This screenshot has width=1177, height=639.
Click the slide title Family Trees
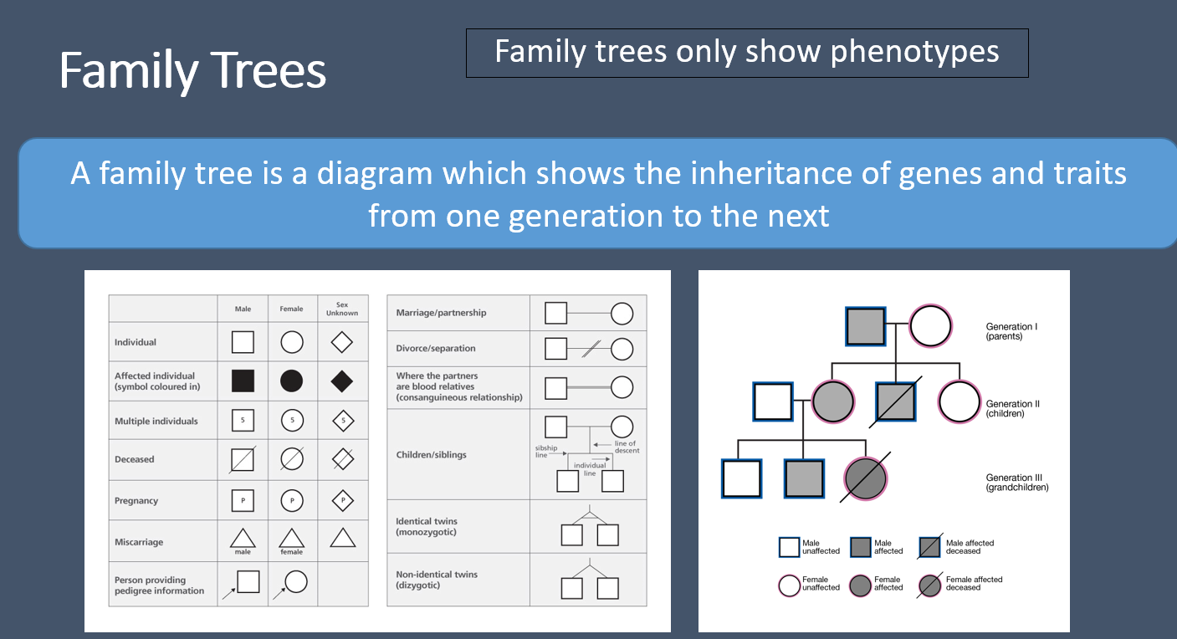(192, 71)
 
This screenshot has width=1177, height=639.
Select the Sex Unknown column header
(341, 309)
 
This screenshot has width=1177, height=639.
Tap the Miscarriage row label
(139, 542)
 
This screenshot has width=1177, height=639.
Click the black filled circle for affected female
(291, 381)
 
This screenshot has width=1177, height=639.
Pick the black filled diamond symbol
(342, 381)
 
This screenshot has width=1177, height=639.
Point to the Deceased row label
(135, 459)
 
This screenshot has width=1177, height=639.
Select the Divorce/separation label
(436, 348)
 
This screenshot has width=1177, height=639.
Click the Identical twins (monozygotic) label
(427, 527)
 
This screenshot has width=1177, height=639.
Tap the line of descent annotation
(626, 447)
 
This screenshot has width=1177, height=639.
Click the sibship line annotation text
(546, 452)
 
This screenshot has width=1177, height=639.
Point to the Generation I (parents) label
(1011, 331)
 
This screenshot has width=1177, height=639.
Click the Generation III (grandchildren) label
(1016, 482)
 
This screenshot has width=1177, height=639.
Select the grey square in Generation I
(865, 326)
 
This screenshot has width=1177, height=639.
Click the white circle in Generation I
(930, 326)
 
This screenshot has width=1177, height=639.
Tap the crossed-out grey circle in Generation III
(865, 478)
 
